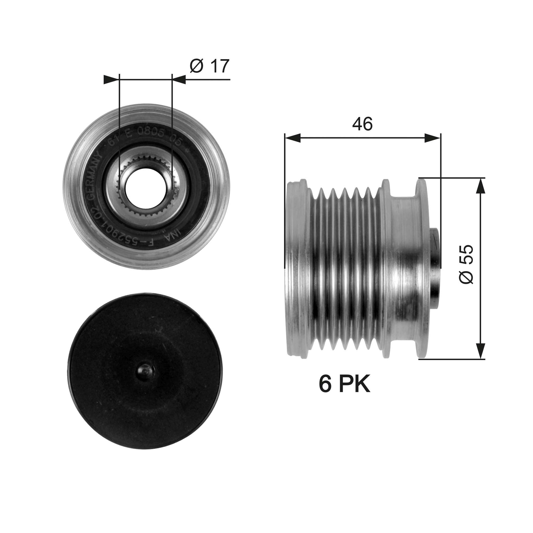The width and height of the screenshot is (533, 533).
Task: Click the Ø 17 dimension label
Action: (x=209, y=66)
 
